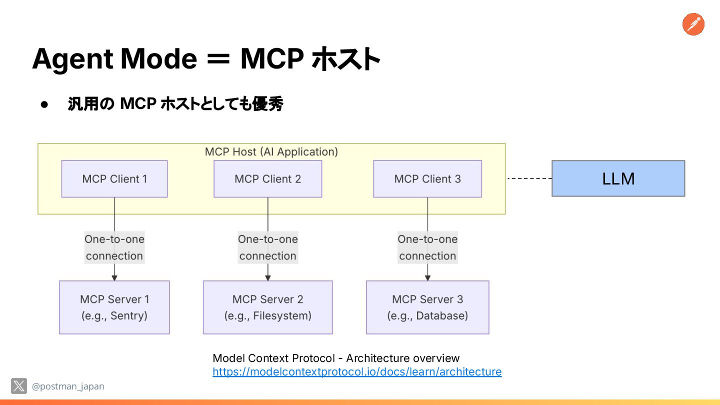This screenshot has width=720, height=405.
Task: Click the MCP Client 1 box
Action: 114,178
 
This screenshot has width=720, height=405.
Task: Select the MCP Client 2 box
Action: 268,178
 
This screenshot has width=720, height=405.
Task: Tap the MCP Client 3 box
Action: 427,178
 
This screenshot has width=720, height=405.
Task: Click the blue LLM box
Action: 618,178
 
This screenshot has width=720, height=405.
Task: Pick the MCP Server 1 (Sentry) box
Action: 114,307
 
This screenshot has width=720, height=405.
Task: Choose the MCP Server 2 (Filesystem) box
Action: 268,307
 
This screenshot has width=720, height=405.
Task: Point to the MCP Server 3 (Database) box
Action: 427,307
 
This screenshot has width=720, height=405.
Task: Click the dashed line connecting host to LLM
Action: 529,178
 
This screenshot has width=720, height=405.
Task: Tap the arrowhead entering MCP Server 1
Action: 114,278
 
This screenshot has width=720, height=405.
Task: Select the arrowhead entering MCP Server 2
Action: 268,278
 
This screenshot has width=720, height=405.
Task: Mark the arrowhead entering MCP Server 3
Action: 427,278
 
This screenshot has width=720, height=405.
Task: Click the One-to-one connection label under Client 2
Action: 268,247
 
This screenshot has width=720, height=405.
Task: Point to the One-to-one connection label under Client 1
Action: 114,247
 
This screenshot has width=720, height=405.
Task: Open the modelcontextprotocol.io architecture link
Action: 357,372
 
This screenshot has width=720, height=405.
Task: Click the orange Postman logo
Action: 693,24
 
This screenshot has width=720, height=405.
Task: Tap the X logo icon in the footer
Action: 19,385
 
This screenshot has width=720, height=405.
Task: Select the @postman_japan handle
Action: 68,386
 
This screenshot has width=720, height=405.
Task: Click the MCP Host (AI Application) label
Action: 271,151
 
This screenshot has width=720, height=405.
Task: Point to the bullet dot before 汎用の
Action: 44,104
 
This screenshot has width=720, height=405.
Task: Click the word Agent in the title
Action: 72,59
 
